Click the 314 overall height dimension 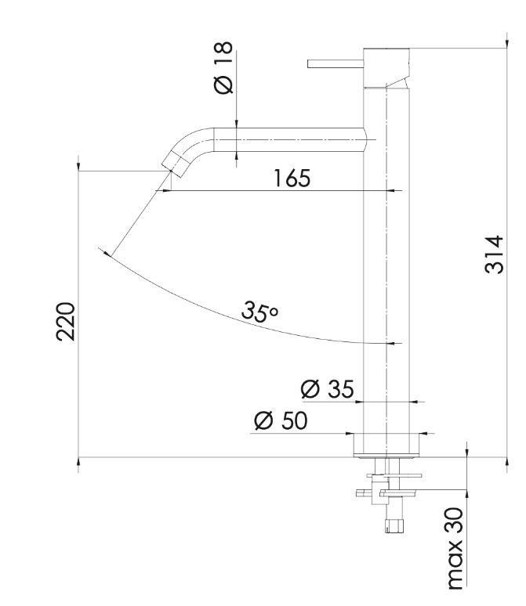pos(495,254)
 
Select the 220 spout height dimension pos(65,322)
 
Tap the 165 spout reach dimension pos(292,179)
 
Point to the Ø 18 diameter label pos(223,67)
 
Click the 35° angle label pos(259,311)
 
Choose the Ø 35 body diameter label pos(327,389)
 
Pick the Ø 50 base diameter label pos(281,420)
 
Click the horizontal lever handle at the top pos(336,63)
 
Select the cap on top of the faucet pos(386,68)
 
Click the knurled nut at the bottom pos(394,526)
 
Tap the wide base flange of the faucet pos(386,445)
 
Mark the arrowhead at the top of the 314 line pos(507,43)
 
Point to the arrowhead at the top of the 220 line pos(78,165)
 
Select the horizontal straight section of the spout pos(289,139)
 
